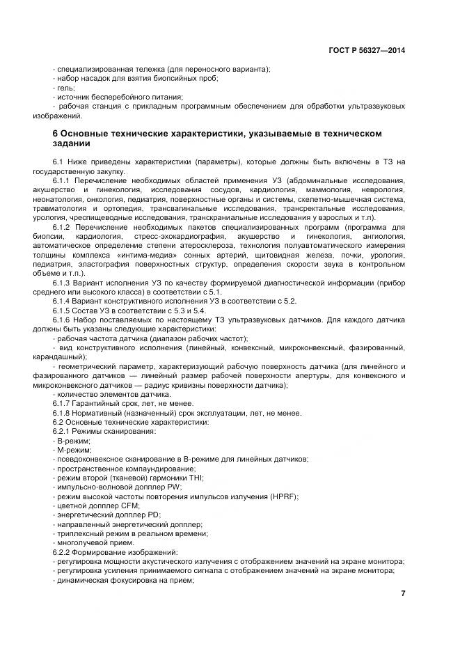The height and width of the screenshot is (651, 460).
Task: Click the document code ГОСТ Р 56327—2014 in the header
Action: coord(366,50)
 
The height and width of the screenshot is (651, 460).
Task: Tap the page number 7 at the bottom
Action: coord(403,593)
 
